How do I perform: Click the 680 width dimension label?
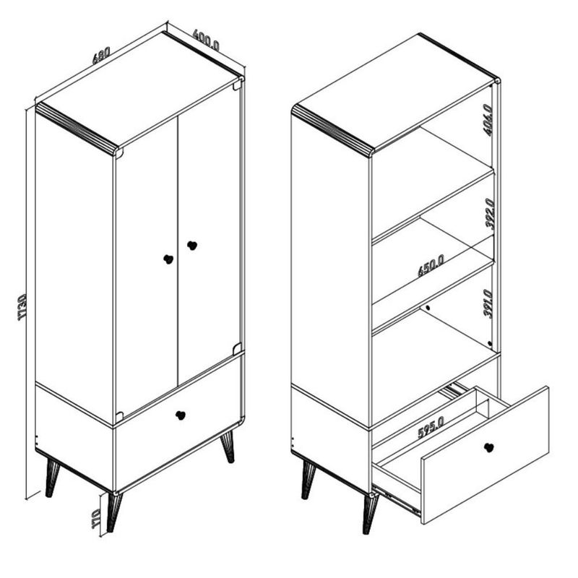click(x=101, y=56)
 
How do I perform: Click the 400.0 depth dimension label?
click(x=206, y=40)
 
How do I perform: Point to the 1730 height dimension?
click(x=22, y=307)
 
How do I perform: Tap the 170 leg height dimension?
click(x=96, y=519)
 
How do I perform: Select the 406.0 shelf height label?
click(x=488, y=120)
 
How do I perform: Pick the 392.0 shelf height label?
click(x=490, y=213)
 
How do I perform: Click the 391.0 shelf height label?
click(x=488, y=303)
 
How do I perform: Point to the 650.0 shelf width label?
click(x=431, y=266)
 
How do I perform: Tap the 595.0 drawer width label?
click(x=431, y=427)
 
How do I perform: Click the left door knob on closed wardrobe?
click(x=168, y=259)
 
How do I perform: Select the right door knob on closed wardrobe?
click(x=192, y=245)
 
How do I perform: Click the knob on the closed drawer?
click(x=180, y=415)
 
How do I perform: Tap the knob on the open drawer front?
click(x=488, y=447)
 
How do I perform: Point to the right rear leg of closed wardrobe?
click(x=228, y=447)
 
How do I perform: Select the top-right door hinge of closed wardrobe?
click(x=238, y=85)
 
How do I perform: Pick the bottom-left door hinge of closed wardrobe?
click(x=119, y=417)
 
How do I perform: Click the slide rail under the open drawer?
click(x=396, y=500)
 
